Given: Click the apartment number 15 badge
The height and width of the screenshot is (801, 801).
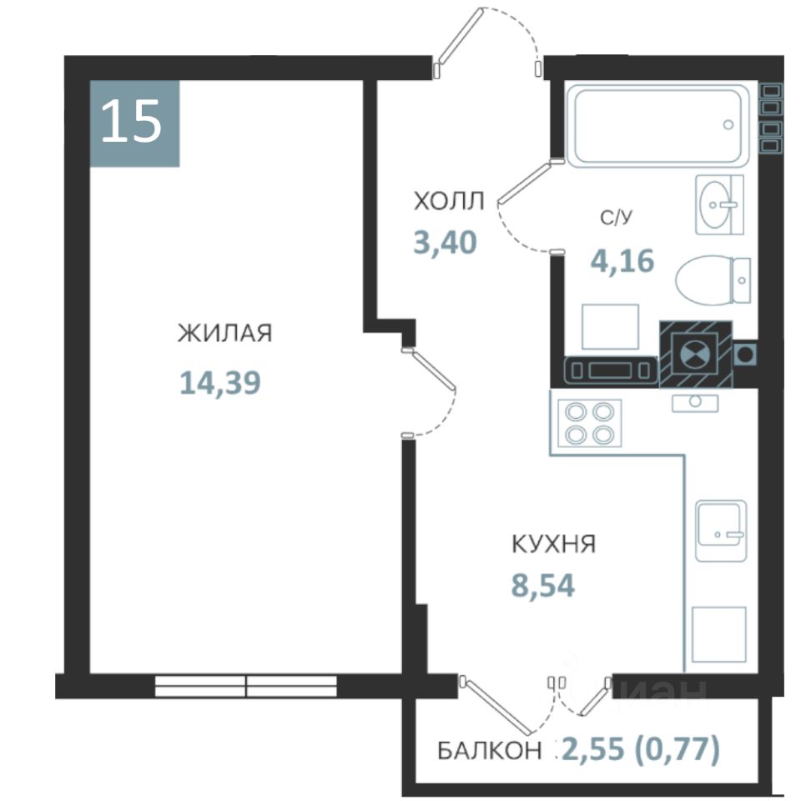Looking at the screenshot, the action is (x=135, y=123).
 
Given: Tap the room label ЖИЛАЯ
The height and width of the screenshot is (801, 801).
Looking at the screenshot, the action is (x=224, y=333).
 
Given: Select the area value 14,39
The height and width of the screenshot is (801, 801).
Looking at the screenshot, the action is (x=220, y=383).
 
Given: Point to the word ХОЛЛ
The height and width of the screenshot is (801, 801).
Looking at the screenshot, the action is (x=449, y=201).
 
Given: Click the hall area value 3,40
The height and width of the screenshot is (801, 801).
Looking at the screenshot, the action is (x=445, y=242).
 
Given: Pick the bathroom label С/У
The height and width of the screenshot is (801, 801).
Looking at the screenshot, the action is (x=616, y=218).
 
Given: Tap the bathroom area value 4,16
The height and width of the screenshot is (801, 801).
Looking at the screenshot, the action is (x=622, y=260).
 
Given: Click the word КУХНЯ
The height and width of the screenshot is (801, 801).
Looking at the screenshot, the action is (x=554, y=544).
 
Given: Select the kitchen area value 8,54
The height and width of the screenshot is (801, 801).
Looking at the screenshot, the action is (x=543, y=586).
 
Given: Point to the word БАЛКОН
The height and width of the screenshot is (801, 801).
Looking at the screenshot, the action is (x=490, y=750).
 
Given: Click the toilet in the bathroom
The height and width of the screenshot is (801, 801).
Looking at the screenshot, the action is (x=713, y=281).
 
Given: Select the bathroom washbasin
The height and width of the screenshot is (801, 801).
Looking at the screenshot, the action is (x=719, y=204).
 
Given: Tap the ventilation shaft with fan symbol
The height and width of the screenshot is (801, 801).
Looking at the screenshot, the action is (x=696, y=354).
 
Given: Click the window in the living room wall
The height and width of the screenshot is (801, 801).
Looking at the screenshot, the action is (x=245, y=686).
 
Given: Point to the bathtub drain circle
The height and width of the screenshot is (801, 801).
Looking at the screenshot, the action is (x=728, y=124).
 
